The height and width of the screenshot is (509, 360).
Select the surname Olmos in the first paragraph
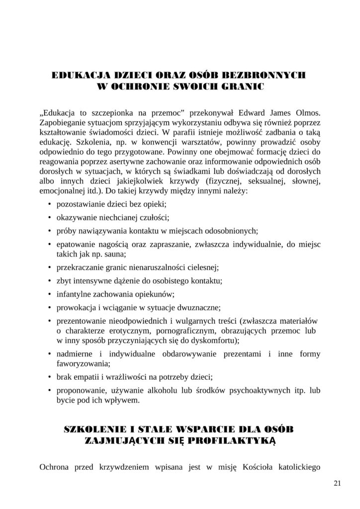pos(306,112)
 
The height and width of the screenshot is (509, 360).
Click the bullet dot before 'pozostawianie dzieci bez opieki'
pos(50,205)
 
